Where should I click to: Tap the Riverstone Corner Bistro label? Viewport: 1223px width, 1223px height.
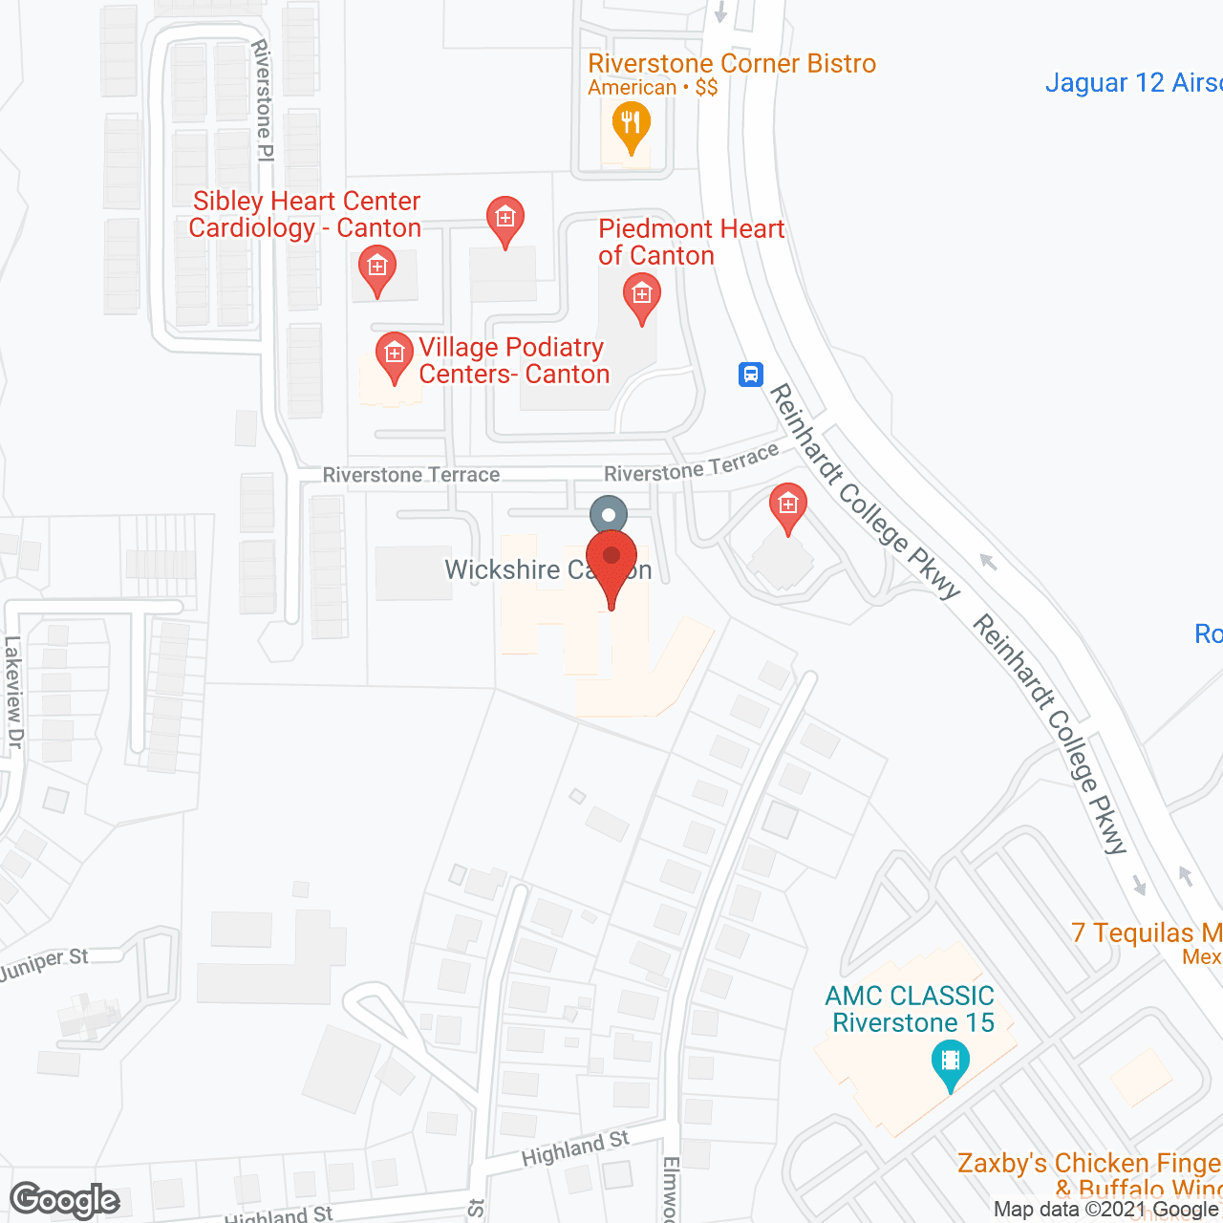(x=732, y=64)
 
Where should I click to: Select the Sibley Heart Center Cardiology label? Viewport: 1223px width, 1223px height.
(x=306, y=215)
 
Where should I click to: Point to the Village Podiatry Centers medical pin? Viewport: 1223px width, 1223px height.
(x=394, y=356)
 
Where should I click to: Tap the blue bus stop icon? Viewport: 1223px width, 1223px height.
(x=751, y=374)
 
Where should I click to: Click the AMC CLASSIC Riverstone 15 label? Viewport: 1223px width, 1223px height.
(x=911, y=1009)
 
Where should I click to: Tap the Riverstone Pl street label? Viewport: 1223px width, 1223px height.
(x=263, y=99)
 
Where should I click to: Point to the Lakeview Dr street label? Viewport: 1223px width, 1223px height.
(x=13, y=692)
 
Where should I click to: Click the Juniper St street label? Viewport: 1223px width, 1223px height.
(x=44, y=966)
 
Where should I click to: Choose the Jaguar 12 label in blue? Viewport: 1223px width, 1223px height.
(x=1133, y=83)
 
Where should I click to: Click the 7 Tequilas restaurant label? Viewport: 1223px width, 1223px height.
(x=1146, y=933)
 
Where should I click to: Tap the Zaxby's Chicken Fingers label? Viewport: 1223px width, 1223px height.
(x=1089, y=1164)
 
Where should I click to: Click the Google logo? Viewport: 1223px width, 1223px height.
(x=65, y=1200)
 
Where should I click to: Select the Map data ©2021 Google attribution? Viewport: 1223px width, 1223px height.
(x=1106, y=1210)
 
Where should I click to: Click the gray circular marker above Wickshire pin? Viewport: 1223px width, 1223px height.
(x=609, y=516)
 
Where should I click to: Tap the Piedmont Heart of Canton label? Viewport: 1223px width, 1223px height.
(x=691, y=243)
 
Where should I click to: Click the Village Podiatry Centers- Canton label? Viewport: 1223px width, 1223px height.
(x=513, y=361)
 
